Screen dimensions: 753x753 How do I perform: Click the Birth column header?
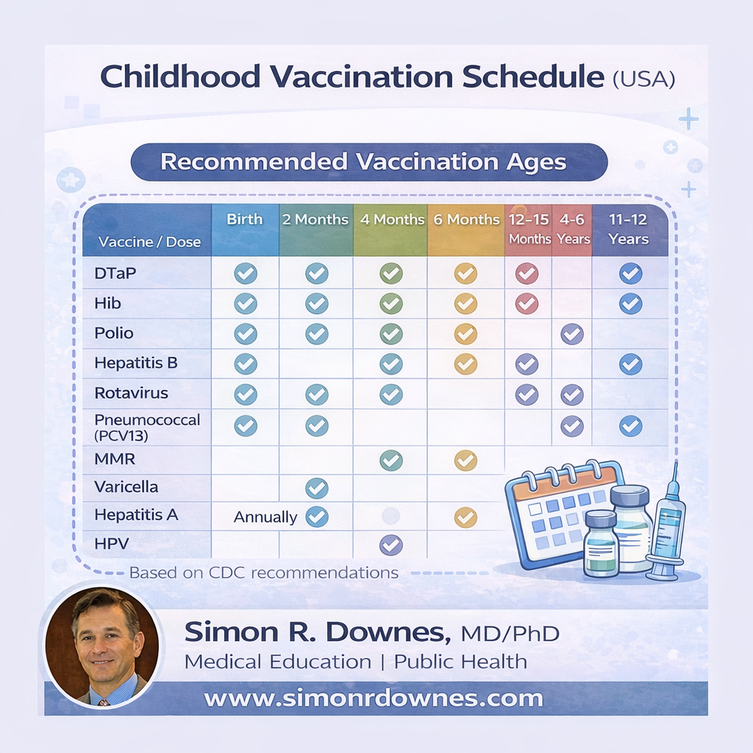[x=245, y=219]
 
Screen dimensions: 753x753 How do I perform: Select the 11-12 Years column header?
[x=628, y=229]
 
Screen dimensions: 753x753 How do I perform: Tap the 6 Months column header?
[x=466, y=219]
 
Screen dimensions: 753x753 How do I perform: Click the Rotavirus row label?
[x=131, y=393]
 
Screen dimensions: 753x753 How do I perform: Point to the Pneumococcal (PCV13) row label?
[x=147, y=427]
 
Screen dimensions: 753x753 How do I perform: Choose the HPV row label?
[x=112, y=543]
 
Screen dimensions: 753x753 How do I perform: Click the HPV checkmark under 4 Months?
[x=391, y=545]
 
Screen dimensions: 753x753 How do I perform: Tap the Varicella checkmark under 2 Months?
[x=317, y=488]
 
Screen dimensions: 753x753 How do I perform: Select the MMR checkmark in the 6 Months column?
[x=465, y=460]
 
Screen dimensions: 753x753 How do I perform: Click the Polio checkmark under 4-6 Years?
[x=572, y=335]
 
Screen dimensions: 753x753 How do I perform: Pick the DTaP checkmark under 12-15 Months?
[x=527, y=274]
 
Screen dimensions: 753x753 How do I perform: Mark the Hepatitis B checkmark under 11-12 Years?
[x=630, y=365]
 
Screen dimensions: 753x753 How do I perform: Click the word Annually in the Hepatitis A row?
[x=265, y=517]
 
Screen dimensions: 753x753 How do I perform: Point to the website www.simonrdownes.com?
[x=374, y=699]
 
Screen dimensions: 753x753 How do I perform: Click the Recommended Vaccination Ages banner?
[x=369, y=163]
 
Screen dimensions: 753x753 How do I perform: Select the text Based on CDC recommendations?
[x=264, y=573]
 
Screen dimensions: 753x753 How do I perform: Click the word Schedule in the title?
[x=533, y=76]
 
